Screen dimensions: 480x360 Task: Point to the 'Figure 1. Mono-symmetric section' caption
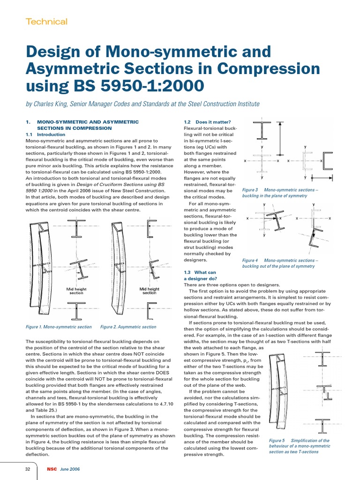click(59, 327)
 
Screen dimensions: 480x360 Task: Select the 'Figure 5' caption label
click(277, 441)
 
